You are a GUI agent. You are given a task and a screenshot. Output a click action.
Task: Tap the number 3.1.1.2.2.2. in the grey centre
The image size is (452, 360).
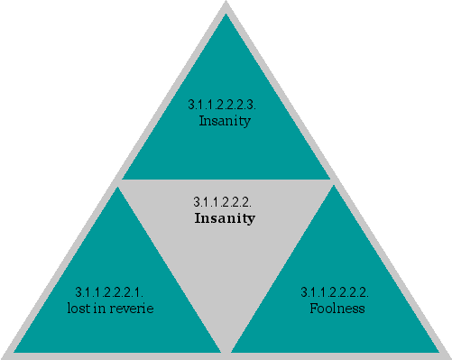click(225, 201)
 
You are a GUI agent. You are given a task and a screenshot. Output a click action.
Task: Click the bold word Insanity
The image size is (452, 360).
click(225, 218)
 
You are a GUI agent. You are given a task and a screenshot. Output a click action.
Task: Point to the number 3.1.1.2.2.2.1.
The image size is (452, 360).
click(110, 292)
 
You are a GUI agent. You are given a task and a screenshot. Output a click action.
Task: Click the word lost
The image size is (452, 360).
click(78, 309)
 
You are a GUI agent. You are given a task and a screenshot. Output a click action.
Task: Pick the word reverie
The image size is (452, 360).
click(134, 309)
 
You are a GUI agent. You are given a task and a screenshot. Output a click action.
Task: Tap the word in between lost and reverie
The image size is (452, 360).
click(101, 309)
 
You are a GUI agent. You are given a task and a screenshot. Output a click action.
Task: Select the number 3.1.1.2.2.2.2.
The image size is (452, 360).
click(335, 292)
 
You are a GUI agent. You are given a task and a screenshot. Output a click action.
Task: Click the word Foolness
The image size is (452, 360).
click(337, 309)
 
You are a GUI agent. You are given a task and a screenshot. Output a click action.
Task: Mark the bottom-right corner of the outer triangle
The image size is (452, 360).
click(448, 355)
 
